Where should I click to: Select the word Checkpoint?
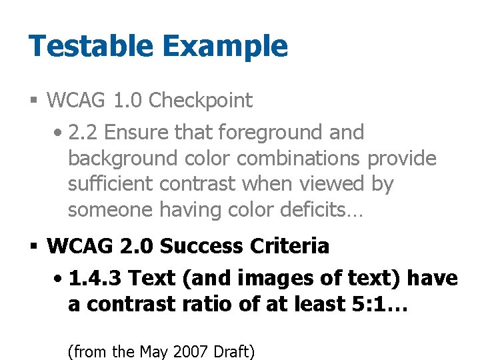click(201, 101)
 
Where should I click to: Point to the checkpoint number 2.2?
click(84, 132)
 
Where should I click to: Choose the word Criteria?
click(289, 246)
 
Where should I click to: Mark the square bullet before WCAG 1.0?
click(33, 101)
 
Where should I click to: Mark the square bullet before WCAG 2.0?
click(33, 247)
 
